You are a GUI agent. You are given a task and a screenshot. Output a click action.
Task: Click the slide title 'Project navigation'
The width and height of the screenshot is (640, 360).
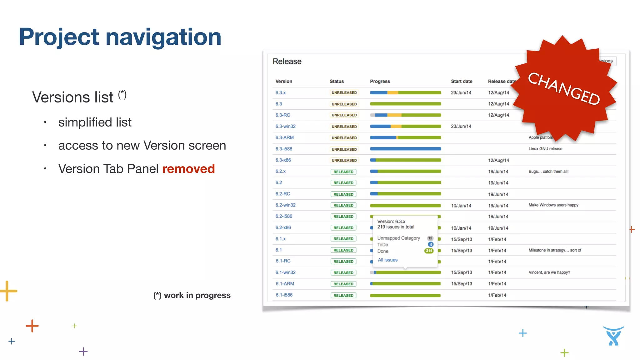(x=120, y=37)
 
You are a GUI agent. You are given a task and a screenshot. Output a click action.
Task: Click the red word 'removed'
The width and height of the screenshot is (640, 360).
(x=188, y=169)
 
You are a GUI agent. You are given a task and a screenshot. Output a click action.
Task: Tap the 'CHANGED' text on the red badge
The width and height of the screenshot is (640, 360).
(x=564, y=88)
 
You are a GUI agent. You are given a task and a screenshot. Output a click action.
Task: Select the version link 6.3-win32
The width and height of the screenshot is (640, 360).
(x=285, y=126)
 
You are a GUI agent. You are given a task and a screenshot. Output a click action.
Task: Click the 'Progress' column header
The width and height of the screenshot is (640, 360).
(x=380, y=81)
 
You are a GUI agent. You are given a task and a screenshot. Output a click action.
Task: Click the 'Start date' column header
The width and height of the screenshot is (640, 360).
(x=461, y=81)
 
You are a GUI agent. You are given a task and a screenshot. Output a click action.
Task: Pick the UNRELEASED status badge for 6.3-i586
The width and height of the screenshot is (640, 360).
(x=344, y=149)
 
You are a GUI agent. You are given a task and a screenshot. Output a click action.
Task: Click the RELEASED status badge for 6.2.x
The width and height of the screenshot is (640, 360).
(x=343, y=172)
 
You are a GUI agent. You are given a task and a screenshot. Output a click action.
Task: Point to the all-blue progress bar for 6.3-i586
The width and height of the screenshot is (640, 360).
(x=405, y=149)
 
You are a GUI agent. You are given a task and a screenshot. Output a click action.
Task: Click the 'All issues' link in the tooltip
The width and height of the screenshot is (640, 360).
(x=387, y=260)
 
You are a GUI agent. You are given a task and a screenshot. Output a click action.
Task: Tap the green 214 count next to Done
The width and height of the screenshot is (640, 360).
(x=429, y=251)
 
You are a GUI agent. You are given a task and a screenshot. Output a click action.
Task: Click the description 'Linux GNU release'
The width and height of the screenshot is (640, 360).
(x=545, y=149)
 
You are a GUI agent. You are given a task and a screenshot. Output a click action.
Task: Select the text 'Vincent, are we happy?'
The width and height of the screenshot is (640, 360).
(x=549, y=272)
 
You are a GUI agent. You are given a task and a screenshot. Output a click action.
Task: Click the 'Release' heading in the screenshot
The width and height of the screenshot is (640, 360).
(x=287, y=61)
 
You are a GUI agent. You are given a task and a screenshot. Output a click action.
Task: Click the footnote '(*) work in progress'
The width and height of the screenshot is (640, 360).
(x=192, y=295)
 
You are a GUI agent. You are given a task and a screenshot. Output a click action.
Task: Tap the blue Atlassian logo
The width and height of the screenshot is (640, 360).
(x=613, y=336)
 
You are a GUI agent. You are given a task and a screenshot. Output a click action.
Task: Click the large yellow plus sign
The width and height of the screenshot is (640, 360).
(x=8, y=291)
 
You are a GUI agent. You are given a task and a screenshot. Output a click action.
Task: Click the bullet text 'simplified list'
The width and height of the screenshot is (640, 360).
(x=95, y=122)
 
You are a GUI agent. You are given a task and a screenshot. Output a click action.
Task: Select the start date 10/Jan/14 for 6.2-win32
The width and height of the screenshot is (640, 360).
(x=461, y=205)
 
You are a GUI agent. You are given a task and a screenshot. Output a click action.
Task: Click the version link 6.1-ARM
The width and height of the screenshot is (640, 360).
(x=284, y=283)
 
